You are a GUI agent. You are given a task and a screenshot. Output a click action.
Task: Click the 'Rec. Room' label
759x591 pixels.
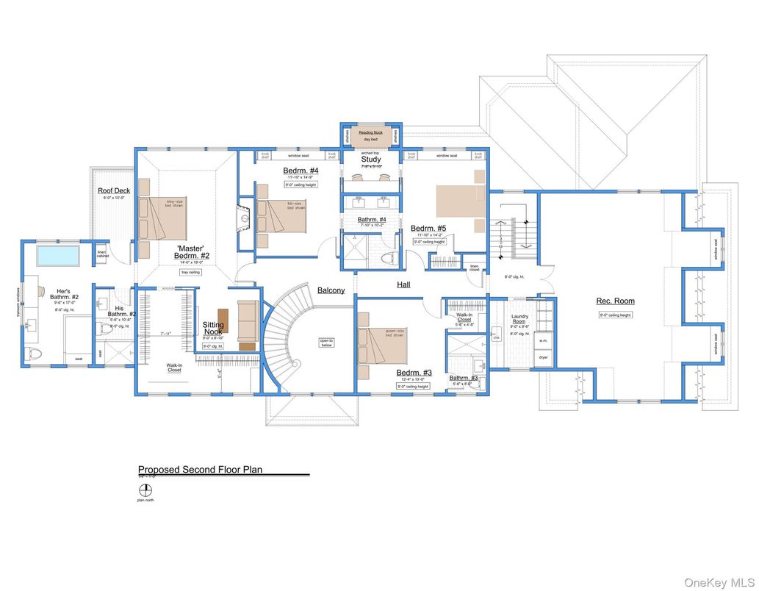(x=616, y=301)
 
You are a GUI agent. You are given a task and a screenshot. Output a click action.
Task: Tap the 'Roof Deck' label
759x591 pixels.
(x=114, y=190)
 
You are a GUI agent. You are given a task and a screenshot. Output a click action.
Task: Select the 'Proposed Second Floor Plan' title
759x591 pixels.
(x=200, y=469)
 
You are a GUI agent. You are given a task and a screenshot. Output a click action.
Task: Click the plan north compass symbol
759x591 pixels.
(x=146, y=490)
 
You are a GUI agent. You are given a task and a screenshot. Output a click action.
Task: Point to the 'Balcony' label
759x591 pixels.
(x=331, y=290)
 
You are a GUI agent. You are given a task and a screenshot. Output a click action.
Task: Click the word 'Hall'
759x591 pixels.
(x=403, y=284)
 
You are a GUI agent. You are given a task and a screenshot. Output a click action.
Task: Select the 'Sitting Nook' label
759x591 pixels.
(x=213, y=328)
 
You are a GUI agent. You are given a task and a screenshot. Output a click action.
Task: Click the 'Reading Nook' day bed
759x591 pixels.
(x=370, y=136)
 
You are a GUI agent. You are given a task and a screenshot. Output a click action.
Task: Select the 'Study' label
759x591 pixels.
(x=370, y=159)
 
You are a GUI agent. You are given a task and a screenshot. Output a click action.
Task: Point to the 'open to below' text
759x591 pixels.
(x=326, y=343)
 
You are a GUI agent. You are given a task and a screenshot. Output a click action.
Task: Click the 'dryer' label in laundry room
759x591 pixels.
(x=544, y=357)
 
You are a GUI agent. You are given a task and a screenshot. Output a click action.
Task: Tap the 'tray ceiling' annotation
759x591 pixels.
(x=190, y=272)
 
